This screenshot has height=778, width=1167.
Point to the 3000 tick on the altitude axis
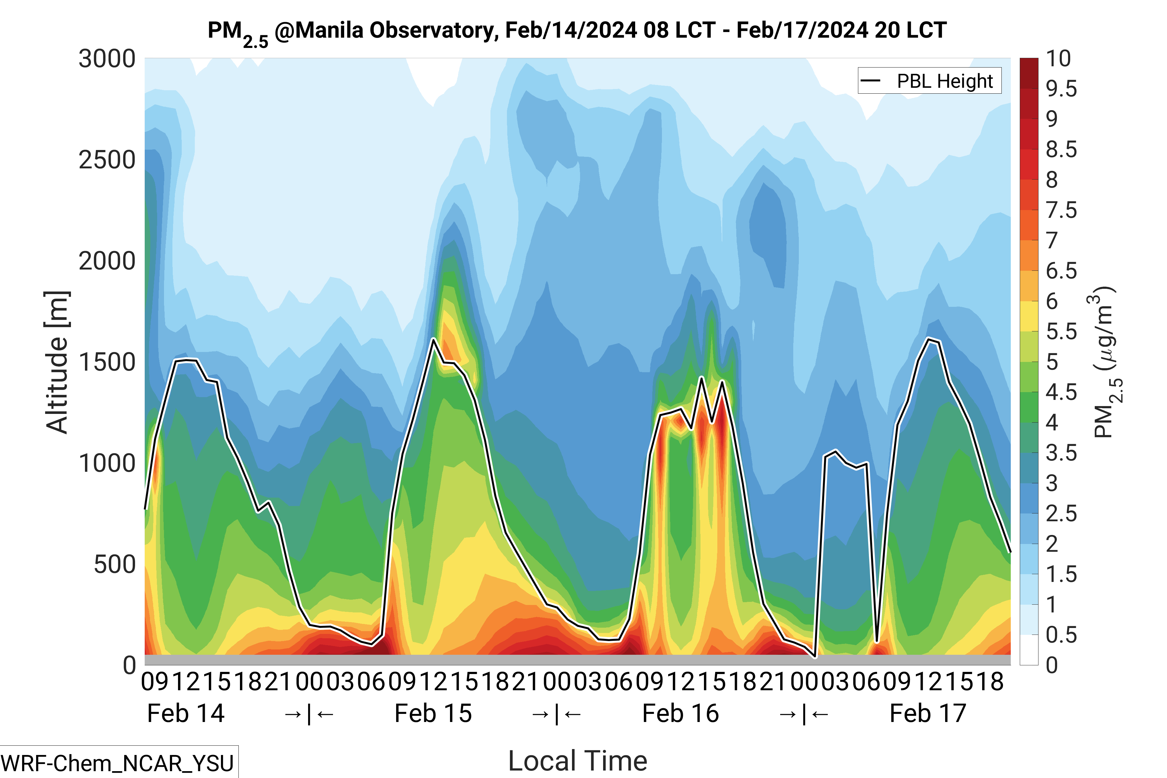(x=107, y=59)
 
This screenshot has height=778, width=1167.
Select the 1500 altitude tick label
(x=107, y=362)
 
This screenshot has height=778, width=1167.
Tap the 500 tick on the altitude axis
(x=115, y=565)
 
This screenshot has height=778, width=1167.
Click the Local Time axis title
(x=578, y=761)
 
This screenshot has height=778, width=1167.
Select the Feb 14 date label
(x=186, y=714)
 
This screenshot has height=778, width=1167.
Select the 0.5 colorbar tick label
(x=1061, y=635)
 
